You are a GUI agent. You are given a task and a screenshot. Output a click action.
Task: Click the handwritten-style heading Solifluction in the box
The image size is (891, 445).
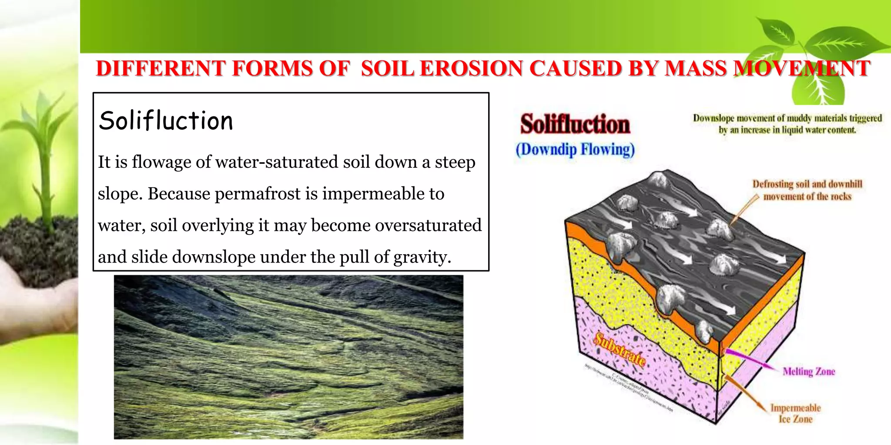pyautogui.click(x=166, y=121)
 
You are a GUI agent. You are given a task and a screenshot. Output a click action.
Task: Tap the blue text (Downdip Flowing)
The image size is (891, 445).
pyautogui.click(x=575, y=149)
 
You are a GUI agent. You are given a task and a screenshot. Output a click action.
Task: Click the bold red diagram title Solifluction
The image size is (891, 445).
pyautogui.click(x=575, y=124)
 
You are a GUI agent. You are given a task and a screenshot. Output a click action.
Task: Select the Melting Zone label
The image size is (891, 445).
pyautogui.click(x=808, y=372)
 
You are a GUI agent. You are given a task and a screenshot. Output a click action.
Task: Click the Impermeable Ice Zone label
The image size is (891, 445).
pyautogui.click(x=795, y=413)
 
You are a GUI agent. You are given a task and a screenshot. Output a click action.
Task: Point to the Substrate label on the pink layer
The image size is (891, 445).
pyautogui.click(x=620, y=350)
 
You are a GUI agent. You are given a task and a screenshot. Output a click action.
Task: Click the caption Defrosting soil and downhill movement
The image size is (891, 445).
pyautogui.click(x=807, y=190)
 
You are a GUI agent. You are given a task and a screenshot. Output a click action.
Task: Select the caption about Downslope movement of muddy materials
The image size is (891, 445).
pyautogui.click(x=787, y=124)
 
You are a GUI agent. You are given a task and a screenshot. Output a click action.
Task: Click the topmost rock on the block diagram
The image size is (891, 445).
pyautogui.click(x=658, y=179)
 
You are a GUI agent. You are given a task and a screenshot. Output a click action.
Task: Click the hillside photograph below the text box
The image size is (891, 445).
pyautogui.click(x=288, y=357)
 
